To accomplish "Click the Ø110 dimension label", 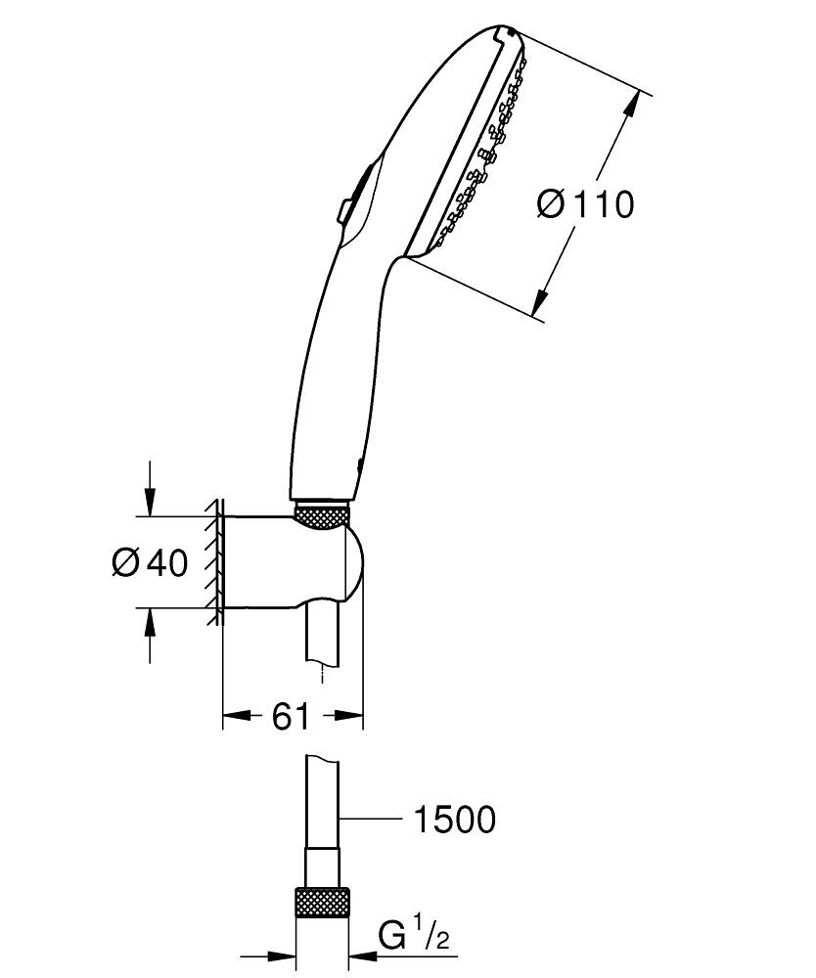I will [x=585, y=204].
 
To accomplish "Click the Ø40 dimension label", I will [x=149, y=562].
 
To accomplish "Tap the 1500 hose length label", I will [x=452, y=820].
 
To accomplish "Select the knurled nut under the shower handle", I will [x=322, y=516].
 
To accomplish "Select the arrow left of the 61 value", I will [x=238, y=717].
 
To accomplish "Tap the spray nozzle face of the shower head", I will [x=479, y=156].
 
